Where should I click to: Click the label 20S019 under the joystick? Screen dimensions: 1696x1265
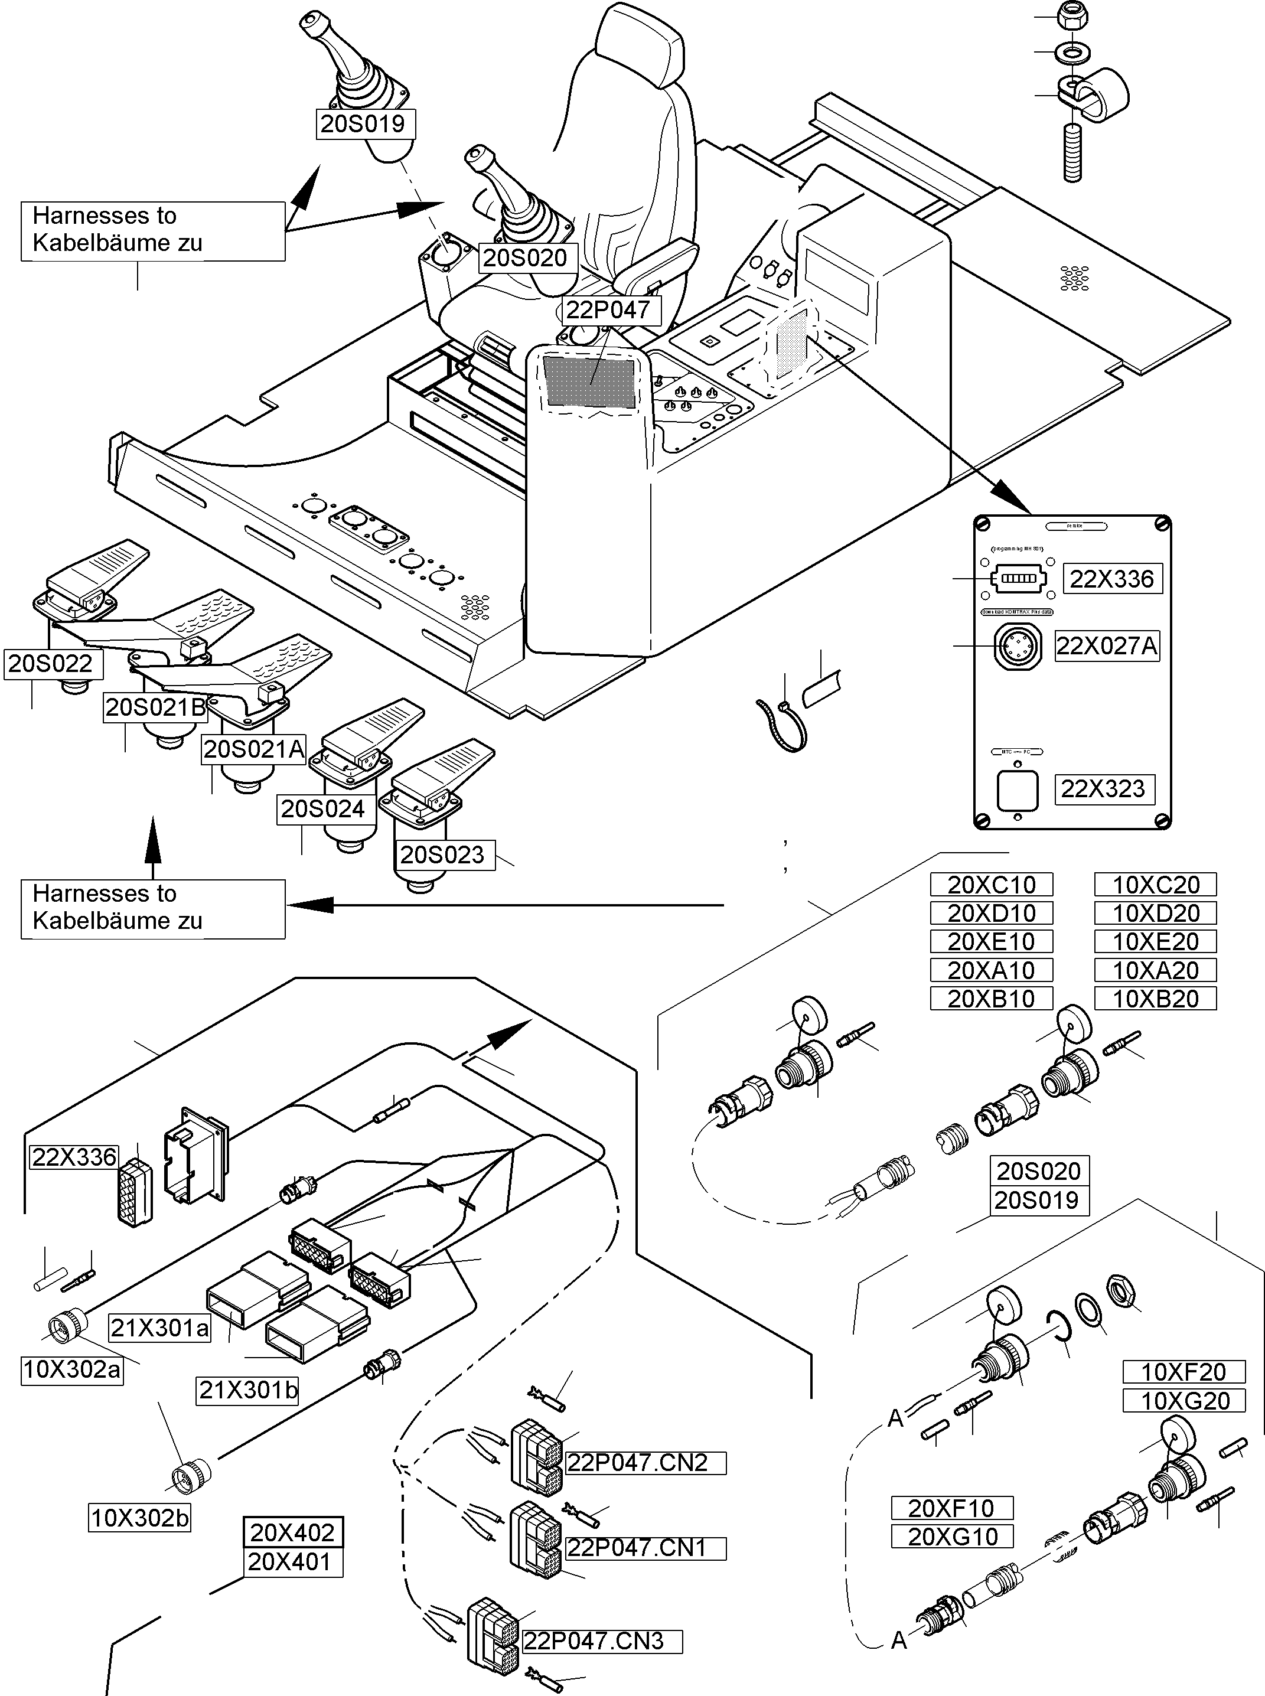pos(365,124)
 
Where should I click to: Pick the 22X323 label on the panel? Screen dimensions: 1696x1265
pos(1103,790)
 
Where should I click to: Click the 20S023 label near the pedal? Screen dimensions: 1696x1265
pos(442,855)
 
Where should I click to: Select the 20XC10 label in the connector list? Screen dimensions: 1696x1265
pos(992,885)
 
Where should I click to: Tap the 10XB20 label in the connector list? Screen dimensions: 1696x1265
pos(1156,999)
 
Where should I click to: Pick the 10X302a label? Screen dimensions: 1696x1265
pos(72,1370)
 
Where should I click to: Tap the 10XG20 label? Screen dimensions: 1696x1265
pos(1185,1401)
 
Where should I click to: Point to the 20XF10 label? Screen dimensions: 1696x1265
pos(952,1508)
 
